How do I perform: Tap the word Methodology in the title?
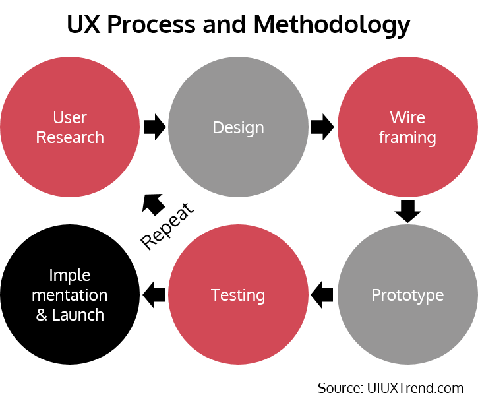332,25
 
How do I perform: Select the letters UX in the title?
85,25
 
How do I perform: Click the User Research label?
70,127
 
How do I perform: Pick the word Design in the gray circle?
238,127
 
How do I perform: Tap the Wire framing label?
407,127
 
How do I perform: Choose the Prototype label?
407,295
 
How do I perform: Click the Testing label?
238,295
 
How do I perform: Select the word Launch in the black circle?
78,315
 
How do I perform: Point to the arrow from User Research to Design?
154,127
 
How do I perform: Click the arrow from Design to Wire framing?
322,127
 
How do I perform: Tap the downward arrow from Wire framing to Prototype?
407,210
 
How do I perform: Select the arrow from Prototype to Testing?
322,294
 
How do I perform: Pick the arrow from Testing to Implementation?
154,294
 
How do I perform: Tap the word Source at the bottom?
338,388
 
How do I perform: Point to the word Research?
70,137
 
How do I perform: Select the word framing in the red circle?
407,138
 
